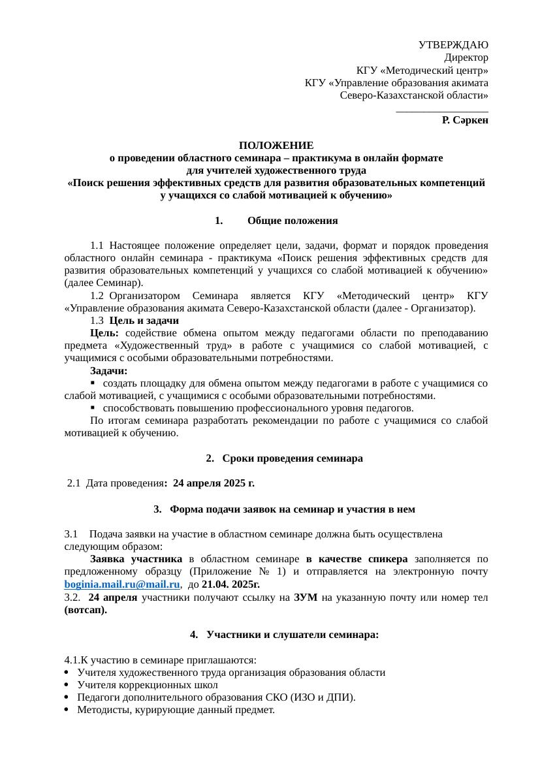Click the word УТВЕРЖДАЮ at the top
pyautogui.click(x=453, y=45)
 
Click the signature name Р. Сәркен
pyautogui.click(x=465, y=120)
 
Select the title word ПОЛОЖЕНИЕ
pyautogui.click(x=276, y=146)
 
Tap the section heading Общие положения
pyautogui.click(x=293, y=221)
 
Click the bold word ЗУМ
pyautogui.click(x=306, y=598)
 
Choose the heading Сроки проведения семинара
pyautogui.click(x=292, y=459)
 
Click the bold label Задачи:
pyautogui.click(x=109, y=371)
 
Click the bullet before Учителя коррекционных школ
pyautogui.click(x=68, y=685)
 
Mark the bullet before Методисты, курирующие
pyautogui.click(x=68, y=710)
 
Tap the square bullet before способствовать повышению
pyautogui.click(x=93, y=408)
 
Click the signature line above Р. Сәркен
pyautogui.click(x=442, y=111)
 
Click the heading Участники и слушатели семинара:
pyautogui.click(x=292, y=635)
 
